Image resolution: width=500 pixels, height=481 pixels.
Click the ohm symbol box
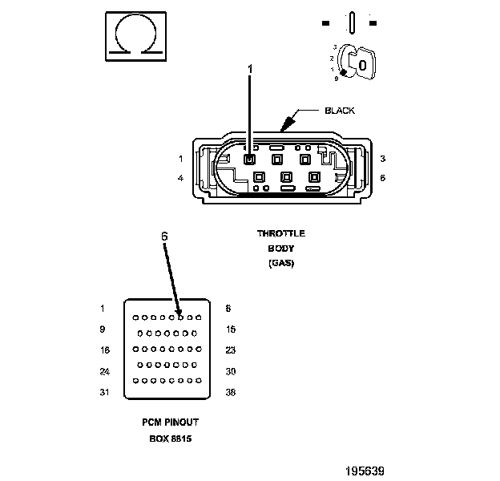[x=136, y=36]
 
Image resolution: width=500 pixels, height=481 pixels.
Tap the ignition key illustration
[x=357, y=63]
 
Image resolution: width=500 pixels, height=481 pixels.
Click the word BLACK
[x=340, y=111]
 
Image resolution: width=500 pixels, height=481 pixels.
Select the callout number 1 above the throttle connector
[x=250, y=69]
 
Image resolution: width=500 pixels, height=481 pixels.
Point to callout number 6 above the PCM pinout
[x=164, y=236]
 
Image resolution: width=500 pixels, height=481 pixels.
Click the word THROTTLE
[x=281, y=233]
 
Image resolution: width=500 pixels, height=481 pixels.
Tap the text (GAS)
[x=281, y=263]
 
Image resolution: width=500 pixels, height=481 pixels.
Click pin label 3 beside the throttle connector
[x=383, y=159]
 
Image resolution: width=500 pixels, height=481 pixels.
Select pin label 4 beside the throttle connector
[x=181, y=178]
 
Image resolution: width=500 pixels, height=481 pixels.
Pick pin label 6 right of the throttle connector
[x=383, y=178]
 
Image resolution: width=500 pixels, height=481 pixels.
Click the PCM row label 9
[x=103, y=329]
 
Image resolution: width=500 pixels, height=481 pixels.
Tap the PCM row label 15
[x=231, y=329]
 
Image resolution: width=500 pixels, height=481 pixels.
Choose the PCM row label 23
[x=231, y=350]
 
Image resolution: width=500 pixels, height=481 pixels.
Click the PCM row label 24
[x=105, y=372]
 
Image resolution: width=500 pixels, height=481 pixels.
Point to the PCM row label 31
[x=105, y=392]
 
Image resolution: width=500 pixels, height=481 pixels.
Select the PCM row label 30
[x=231, y=372]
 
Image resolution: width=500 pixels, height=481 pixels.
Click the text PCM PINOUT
[x=171, y=422]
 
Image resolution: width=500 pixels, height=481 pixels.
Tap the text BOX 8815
[x=171, y=439]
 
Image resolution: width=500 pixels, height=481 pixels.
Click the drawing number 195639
[x=365, y=471]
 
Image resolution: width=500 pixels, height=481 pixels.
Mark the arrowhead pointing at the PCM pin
[x=179, y=313]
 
